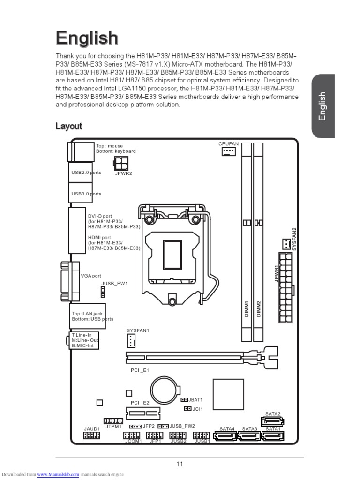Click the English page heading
coord(87,38)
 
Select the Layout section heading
coord(68,126)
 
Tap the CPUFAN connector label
coord(228,143)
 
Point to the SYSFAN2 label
coord(295,239)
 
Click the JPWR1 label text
coord(277,273)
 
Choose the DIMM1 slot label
coord(246,309)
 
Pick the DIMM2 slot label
coord(258,309)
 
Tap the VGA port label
coord(91,276)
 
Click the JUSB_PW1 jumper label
coord(114,284)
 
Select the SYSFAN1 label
coord(138,330)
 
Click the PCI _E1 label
coord(140,370)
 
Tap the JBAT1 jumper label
coord(195,400)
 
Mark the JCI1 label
coord(198,409)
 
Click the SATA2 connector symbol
coord(272,421)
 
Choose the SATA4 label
coord(227,429)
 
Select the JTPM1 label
coord(113,427)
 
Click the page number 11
coord(180,464)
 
